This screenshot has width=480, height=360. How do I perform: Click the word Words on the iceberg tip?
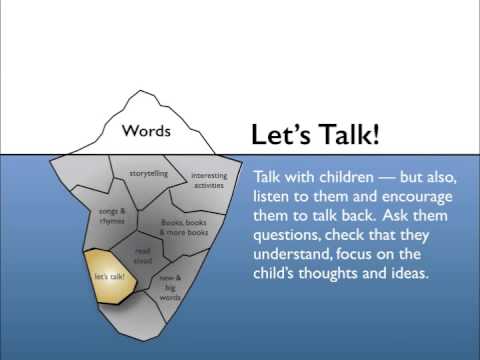pos(146,130)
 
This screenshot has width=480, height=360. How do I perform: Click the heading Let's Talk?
pos(315,134)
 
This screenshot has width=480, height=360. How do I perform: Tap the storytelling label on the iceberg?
pos(149,173)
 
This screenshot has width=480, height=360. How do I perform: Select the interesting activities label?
pos(209,180)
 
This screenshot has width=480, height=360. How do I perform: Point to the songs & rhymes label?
pos(112,216)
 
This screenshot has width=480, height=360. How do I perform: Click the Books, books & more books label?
pos(184,227)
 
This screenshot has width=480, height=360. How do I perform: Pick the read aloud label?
pos(143,256)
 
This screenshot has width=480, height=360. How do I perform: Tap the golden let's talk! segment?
pos(110,276)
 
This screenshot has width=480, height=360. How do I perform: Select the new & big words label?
pos(170,287)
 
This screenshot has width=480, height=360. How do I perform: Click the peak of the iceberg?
pos(140,90)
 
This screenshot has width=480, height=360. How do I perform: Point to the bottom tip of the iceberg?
pos(144,341)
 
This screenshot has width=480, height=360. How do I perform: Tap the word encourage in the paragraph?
pos(417,198)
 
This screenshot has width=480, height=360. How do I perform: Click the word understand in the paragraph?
pos(292,254)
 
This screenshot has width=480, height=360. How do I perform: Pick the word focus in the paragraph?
pos(354,254)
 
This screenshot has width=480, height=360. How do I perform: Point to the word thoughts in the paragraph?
pos(328,274)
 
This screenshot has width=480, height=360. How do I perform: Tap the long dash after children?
pos(387,178)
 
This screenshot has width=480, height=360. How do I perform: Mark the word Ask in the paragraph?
pos(395,215)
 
